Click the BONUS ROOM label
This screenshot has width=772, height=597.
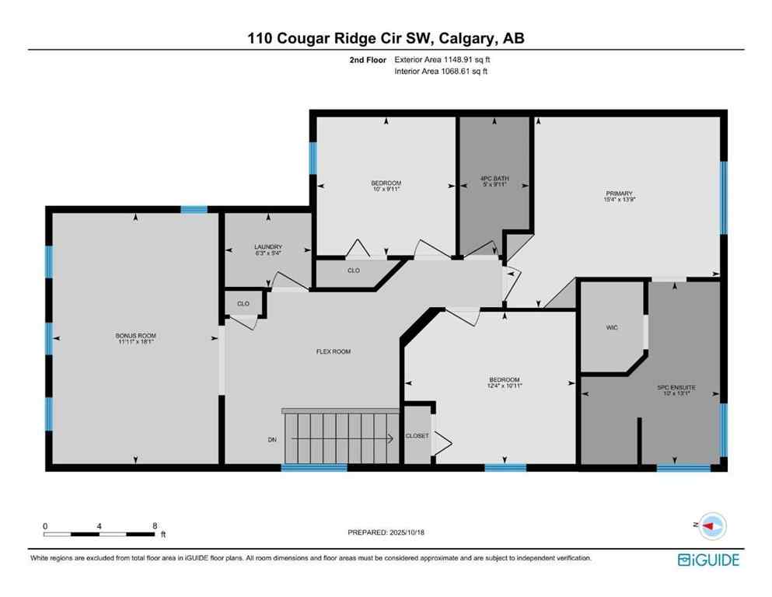[x=136, y=336]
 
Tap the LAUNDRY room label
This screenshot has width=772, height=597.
[x=268, y=246]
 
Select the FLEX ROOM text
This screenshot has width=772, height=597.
[x=333, y=351]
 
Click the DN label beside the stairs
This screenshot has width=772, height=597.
[x=272, y=439]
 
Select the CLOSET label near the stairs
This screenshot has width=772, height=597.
[x=417, y=436]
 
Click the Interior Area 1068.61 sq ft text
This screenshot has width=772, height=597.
[x=442, y=71]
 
